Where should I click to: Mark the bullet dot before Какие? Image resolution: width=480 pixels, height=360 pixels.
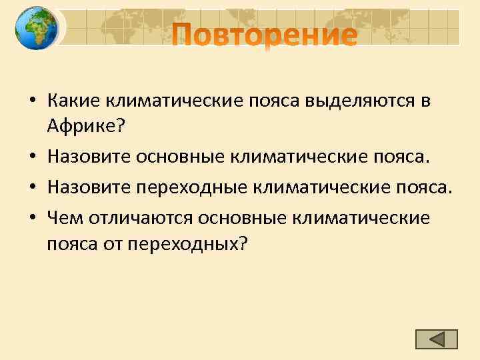pos(33,102)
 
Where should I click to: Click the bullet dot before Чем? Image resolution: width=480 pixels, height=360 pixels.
pos(33,218)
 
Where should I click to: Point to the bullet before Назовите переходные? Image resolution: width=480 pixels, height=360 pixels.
pos(33,189)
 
